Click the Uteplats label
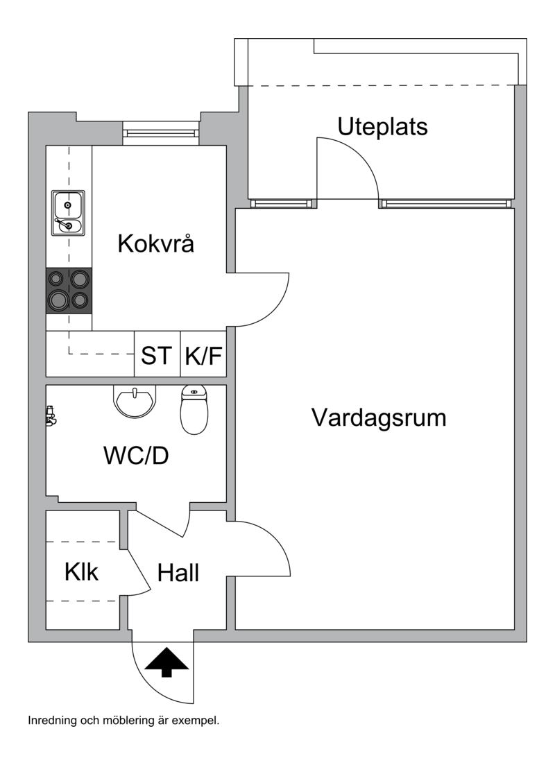tap(382, 127)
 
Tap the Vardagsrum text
tap(379, 418)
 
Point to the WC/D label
tap(136, 456)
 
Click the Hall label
tap(178, 573)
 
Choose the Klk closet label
tap(82, 571)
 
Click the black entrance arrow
tap(167, 662)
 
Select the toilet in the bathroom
tap(194, 410)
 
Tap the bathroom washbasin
tap(136, 401)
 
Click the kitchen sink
tap(69, 213)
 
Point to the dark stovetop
tap(69, 291)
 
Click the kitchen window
tap(161, 133)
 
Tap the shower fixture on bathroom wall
tap(49, 415)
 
